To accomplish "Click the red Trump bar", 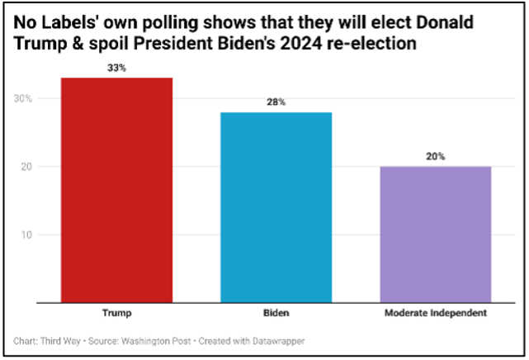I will click(x=116, y=190).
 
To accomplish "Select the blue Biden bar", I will click(x=276, y=207).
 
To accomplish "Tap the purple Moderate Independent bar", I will click(x=435, y=234).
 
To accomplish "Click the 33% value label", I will click(x=116, y=68).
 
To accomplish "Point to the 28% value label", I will click(x=276, y=102).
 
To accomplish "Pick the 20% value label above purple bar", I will click(x=435, y=156).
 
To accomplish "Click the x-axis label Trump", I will click(x=116, y=315).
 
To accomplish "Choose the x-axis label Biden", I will click(x=276, y=315).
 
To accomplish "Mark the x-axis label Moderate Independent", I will click(x=435, y=315).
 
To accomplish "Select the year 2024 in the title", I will click(x=274, y=41).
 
